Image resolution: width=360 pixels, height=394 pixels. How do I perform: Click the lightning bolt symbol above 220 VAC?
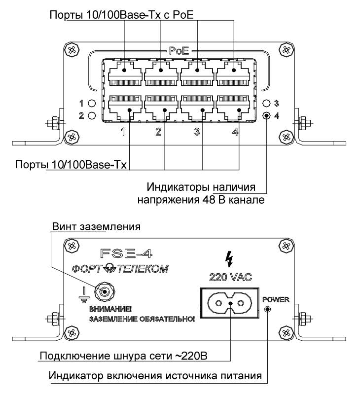pyautogui.click(x=228, y=258)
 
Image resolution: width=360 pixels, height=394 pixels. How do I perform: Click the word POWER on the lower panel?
pyautogui.click(x=276, y=299)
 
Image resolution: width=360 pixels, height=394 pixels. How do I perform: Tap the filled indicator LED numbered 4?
pyautogui.click(x=267, y=116)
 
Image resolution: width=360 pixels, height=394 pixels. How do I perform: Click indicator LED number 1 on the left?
pyautogui.click(x=91, y=104)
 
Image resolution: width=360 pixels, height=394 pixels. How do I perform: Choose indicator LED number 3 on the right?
pyautogui.click(x=267, y=104)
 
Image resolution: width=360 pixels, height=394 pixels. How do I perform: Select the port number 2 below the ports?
pyautogui.click(x=159, y=132)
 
